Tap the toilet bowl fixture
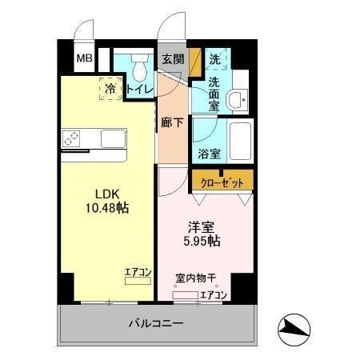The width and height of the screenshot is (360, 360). pyautogui.click(x=141, y=61)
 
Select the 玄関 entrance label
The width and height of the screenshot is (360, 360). pyautogui.click(x=172, y=59)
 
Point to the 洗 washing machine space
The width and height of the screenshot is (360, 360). pyautogui.click(x=215, y=58)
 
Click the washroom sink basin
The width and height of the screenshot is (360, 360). pyautogui.click(x=237, y=101)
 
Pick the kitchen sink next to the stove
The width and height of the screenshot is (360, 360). pyautogui.click(x=112, y=138)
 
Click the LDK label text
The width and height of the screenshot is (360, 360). pyautogui.click(x=108, y=194)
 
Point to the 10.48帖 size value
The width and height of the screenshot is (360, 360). pyautogui.click(x=108, y=208)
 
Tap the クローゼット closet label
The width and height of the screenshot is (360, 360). pyautogui.click(x=222, y=182)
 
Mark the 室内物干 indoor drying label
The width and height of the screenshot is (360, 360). pyautogui.click(x=196, y=279)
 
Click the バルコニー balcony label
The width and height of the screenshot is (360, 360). pyautogui.click(x=156, y=325)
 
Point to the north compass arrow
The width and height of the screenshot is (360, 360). pyautogui.click(x=295, y=327)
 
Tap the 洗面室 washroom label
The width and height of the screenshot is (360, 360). pyautogui.click(x=215, y=87)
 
